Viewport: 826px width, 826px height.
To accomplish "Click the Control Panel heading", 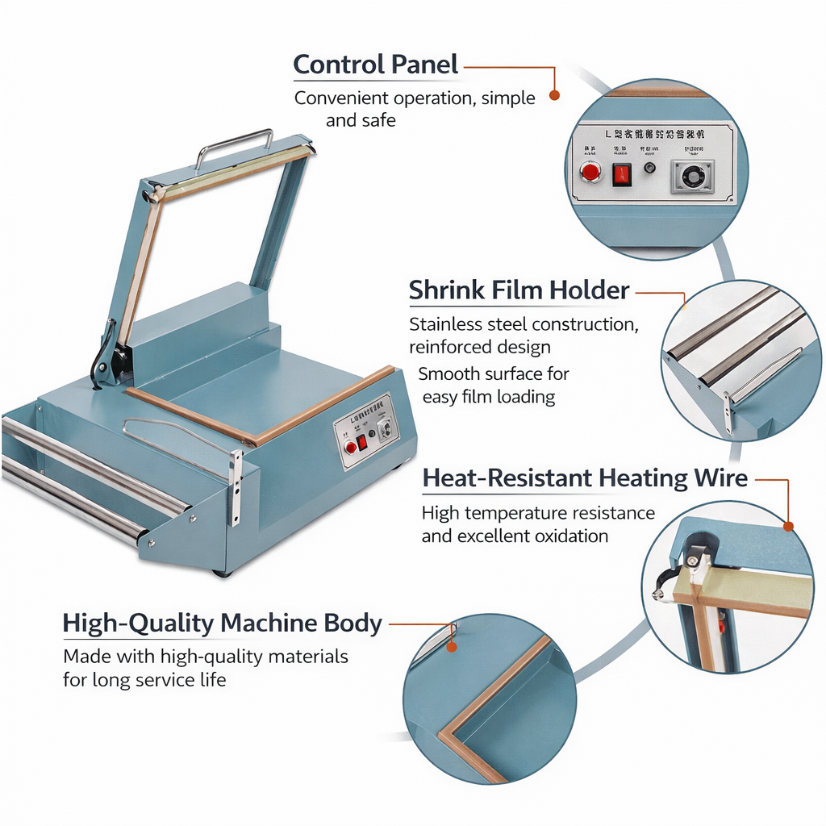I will pos(375,65).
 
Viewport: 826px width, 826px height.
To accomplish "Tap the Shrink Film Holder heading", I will pos(519,290).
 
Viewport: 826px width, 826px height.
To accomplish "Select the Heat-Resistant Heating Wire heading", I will pos(585,478).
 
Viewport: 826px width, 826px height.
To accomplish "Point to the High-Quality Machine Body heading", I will pos(222,624).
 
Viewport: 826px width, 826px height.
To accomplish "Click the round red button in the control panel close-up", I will pos(591,171).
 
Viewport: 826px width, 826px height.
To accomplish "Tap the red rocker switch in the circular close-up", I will pos(621,173).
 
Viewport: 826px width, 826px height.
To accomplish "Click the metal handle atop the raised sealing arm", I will pos(234,143).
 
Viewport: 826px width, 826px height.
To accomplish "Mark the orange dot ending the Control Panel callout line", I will pos(554,95).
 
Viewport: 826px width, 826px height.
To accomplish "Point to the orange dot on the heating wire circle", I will pos(788,526).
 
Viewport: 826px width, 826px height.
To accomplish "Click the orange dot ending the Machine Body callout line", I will pos(452,646).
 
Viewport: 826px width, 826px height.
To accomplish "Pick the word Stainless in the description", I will pos(446,325).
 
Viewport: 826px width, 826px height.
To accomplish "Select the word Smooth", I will pos(448,374).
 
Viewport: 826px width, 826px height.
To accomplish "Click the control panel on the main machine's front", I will pos(366,431).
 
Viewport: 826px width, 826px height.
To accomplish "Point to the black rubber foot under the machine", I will pos(221,573).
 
